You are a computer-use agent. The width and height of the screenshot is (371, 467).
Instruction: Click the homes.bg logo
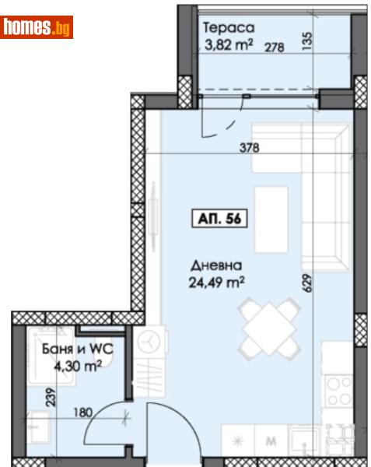[x=37, y=28]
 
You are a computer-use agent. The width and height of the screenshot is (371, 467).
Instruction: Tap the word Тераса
[x=224, y=29]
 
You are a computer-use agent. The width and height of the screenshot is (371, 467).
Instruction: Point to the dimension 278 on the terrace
[x=273, y=47]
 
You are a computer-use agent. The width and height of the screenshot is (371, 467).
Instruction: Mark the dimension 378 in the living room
[x=249, y=146]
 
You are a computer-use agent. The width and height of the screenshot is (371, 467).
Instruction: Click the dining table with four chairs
[x=268, y=330]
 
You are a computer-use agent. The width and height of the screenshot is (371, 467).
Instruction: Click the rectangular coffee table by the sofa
[x=271, y=219]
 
